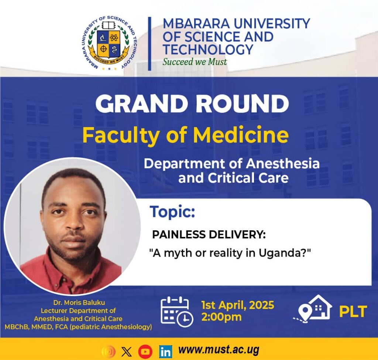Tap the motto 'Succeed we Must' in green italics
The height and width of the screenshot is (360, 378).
click(x=195, y=61)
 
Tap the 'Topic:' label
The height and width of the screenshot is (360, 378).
click(x=172, y=212)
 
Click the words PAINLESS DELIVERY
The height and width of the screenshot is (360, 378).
click(x=209, y=235)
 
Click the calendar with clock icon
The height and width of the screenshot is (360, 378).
click(x=176, y=312)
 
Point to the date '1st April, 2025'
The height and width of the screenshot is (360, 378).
click(x=238, y=305)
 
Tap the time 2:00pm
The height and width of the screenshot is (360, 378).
click(x=221, y=317)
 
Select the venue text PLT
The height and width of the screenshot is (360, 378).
click(x=353, y=312)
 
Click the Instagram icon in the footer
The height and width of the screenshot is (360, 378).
click(x=109, y=351)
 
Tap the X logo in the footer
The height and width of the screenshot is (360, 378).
click(x=126, y=351)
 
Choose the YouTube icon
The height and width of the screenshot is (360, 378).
click(x=145, y=351)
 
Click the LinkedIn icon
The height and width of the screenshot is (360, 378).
click(x=165, y=351)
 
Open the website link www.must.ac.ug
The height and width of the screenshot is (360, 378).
click(x=219, y=350)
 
